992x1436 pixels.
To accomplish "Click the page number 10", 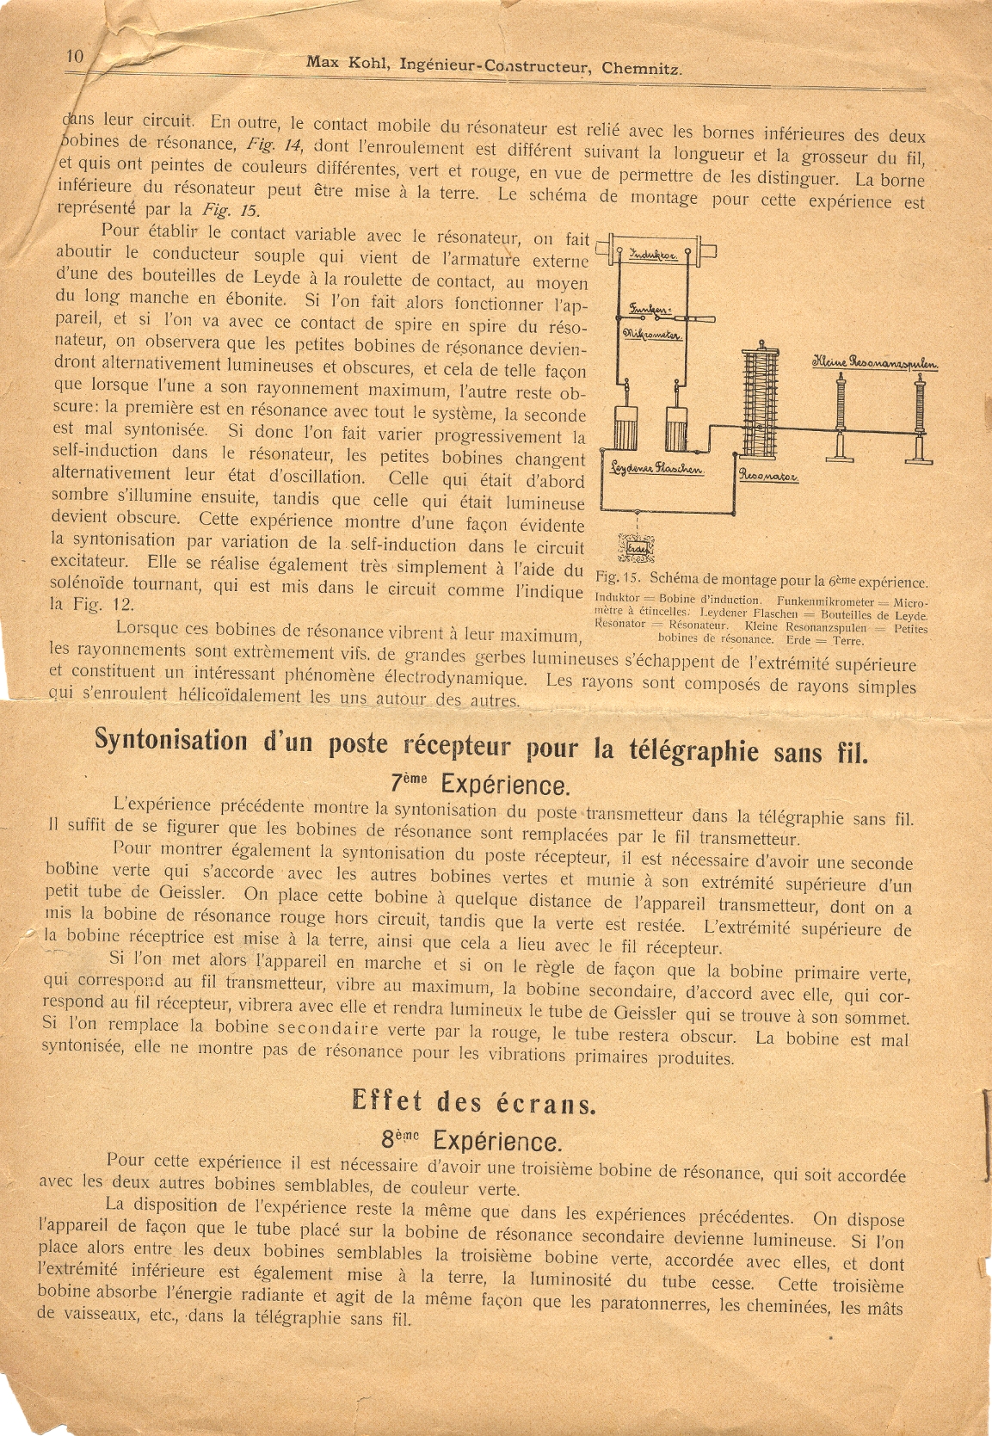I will click(75, 56).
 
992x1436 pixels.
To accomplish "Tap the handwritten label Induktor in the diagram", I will click(654, 255).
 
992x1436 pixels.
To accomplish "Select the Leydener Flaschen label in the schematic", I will click(656, 469).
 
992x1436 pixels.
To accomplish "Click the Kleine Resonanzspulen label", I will click(875, 364).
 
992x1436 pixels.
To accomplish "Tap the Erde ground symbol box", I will click(638, 548).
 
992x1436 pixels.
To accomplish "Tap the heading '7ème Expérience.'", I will click(480, 784).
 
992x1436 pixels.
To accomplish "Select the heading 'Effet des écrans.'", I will click(472, 1101).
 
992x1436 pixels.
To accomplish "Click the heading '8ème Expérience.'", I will click(471, 1141).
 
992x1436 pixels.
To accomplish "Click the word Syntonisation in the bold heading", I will click(169, 739).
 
